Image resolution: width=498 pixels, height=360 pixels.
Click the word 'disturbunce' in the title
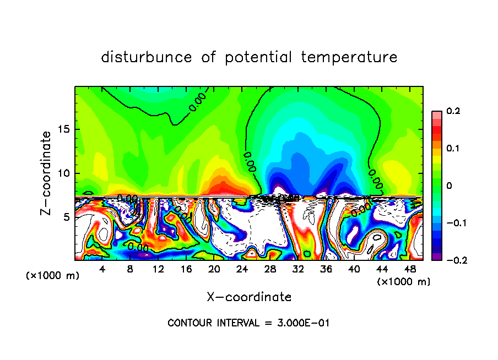[147, 57]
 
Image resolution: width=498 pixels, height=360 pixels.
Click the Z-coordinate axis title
[47, 173]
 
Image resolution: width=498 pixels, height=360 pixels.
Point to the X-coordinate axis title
[249, 297]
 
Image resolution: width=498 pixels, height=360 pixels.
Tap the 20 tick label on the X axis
[214, 270]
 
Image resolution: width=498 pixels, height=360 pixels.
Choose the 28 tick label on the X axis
[270, 270]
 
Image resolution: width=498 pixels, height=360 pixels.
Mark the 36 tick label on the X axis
[326, 270]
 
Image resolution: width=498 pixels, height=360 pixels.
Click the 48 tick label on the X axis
[410, 270]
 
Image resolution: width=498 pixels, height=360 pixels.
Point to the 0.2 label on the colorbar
[453, 111]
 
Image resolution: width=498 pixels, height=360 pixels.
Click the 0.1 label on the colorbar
[453, 149]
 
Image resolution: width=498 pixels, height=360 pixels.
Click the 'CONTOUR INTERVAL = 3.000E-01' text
[249, 323]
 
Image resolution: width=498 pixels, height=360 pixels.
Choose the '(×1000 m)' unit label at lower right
[403, 282]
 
